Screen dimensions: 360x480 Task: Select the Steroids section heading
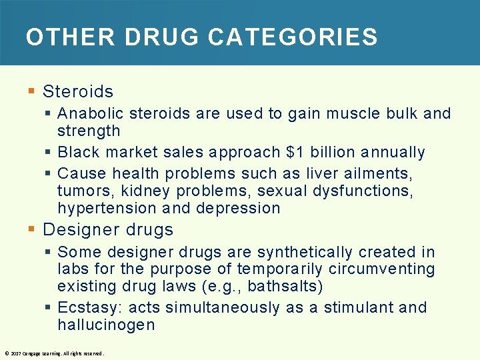(x=78, y=91)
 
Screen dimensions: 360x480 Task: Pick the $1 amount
(x=294, y=152)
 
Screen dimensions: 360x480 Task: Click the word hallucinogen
(x=106, y=325)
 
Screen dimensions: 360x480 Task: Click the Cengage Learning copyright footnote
(x=54, y=353)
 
